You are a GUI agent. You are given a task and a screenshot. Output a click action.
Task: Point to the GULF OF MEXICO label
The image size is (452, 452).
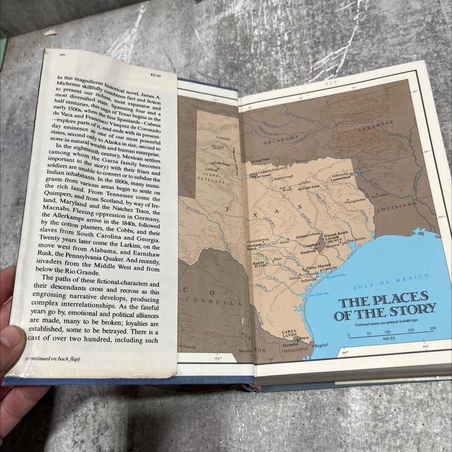[391, 282]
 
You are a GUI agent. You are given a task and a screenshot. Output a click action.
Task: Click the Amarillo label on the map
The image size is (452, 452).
[224, 138]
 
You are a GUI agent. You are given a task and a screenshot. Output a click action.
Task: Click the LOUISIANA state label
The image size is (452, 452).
[395, 209]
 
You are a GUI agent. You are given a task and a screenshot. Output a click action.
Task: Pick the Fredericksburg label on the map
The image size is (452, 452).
[259, 240]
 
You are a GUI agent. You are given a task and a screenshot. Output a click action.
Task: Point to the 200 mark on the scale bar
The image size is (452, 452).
[432, 328]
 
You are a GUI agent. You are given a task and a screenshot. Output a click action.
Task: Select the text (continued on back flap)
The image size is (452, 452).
[52, 359]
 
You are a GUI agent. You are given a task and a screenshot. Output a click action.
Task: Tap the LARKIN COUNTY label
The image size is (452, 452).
[273, 169]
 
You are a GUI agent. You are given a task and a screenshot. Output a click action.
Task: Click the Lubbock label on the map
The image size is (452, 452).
[212, 170]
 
